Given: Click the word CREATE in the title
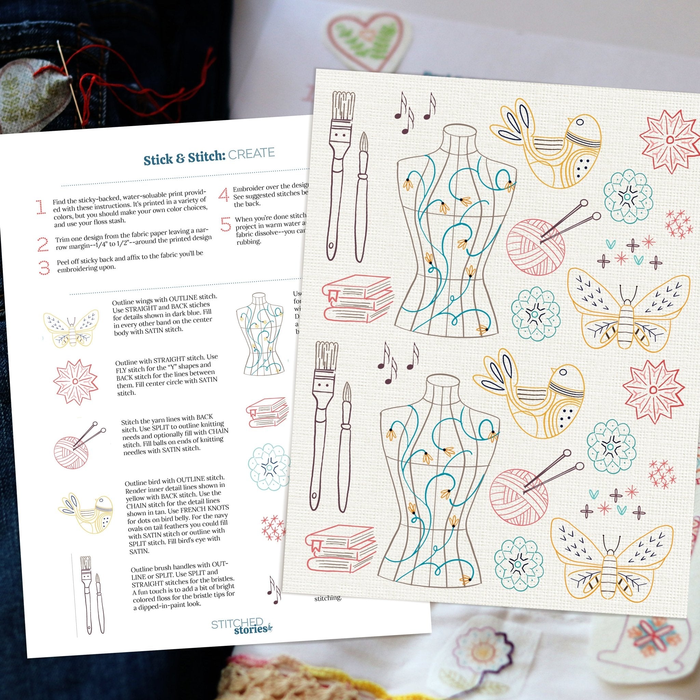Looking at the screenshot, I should (x=251, y=154).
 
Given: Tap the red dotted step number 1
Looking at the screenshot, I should (x=41, y=207).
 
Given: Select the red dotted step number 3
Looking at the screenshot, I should (x=44, y=268).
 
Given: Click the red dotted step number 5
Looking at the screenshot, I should (x=225, y=225).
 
